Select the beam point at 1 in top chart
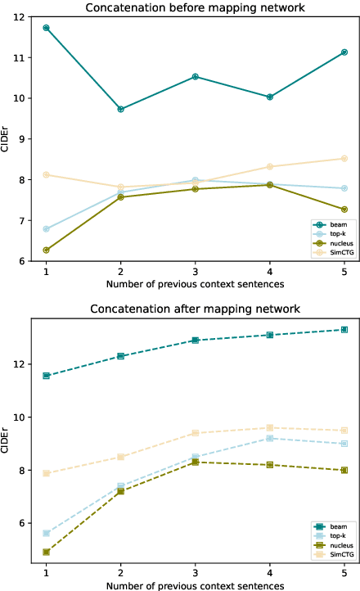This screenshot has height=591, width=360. pos(46,28)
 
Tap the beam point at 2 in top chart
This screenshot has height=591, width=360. pos(120,109)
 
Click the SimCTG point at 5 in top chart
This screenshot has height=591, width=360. pos(344,159)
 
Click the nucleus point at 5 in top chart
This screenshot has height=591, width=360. pos(344,210)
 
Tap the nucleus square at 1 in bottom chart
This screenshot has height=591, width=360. pos(46,553)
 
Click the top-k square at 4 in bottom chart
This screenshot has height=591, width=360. pos(270,439)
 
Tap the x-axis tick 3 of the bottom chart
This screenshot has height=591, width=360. pos(195,572)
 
